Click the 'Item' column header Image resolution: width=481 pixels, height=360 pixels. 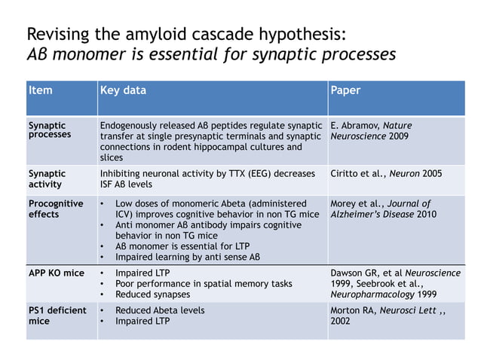tap(41, 90)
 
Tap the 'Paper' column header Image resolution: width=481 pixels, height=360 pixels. tap(345, 90)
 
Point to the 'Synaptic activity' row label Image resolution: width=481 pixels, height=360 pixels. tap(47, 178)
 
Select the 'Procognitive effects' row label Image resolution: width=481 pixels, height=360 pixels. tap(56, 209)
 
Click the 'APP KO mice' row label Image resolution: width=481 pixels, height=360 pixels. tap(56, 273)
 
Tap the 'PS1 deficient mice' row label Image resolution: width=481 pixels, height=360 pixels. tap(57, 316)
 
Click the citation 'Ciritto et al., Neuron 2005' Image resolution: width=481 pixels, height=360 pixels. tap(386, 173)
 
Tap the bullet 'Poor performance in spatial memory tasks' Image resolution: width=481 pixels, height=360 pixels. tap(203, 283)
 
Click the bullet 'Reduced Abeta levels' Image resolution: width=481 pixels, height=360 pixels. tap(159, 310)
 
